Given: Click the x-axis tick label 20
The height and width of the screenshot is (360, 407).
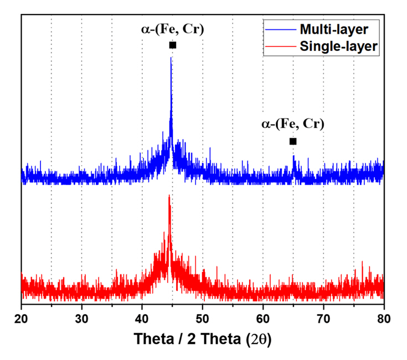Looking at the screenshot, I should pos(21,319).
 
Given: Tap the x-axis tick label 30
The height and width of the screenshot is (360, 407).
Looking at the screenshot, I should pos(81,319).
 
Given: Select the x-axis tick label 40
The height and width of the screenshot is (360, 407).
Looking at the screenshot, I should pos(142,319).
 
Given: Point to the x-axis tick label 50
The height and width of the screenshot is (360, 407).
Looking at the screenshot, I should pos(202,319).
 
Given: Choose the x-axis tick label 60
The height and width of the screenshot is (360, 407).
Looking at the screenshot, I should pos(263,319).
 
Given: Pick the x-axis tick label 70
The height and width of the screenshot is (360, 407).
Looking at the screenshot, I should pos(323,319).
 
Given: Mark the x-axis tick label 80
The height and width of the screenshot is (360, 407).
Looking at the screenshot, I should pos(384,319).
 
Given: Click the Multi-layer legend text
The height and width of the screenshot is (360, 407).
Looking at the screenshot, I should pos(334,28).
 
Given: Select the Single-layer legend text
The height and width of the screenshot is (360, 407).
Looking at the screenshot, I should pos(338,47).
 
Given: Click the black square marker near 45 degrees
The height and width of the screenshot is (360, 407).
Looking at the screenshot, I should pos(172,45).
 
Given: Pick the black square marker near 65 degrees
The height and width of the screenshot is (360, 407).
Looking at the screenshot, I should pos(293,141).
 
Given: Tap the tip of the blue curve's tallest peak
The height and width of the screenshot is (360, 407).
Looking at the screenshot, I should pos(171,58).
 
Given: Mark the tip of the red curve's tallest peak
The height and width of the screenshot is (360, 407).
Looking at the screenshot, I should pos(169,196).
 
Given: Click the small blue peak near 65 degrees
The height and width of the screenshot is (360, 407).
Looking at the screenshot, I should pos(293,157).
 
